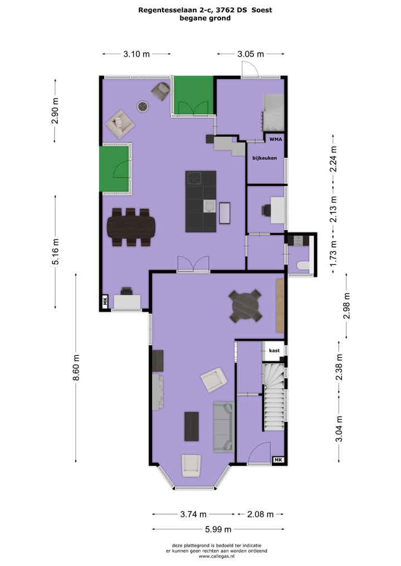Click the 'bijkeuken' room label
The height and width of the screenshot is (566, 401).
(265, 158)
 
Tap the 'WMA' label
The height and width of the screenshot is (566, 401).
(276, 140)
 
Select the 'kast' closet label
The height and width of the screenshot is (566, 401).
(273, 351)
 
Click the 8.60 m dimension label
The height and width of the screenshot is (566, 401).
(76, 367)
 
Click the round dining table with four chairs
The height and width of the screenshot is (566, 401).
(246, 306)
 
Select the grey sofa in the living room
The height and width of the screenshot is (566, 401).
(223, 426)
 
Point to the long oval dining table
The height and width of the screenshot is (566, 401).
(131, 227)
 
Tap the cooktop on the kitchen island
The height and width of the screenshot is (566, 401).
(194, 178)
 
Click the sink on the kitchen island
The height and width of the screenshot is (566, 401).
(209, 206)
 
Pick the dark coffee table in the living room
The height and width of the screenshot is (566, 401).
(192, 426)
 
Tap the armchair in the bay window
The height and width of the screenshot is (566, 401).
(190, 465)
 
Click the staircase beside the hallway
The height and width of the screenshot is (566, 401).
(273, 396)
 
